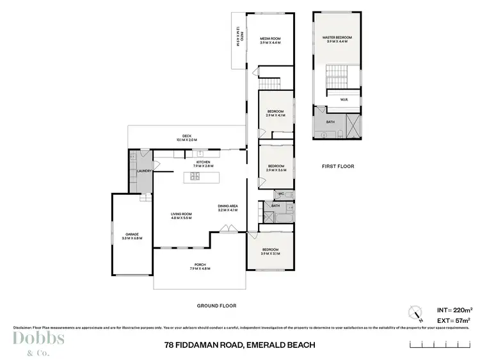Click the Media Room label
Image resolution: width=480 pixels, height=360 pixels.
[270, 39]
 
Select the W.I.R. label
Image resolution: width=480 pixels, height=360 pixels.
[344, 99]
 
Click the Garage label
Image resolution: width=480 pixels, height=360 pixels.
[132, 234]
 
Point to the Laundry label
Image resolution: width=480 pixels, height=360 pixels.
[144, 171]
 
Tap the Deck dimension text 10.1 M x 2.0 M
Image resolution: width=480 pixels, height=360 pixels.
[187, 140]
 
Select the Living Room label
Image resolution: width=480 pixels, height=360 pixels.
[181, 215]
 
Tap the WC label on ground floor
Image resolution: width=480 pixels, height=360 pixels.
[280, 193]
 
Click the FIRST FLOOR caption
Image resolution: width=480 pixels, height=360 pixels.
[337, 166]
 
